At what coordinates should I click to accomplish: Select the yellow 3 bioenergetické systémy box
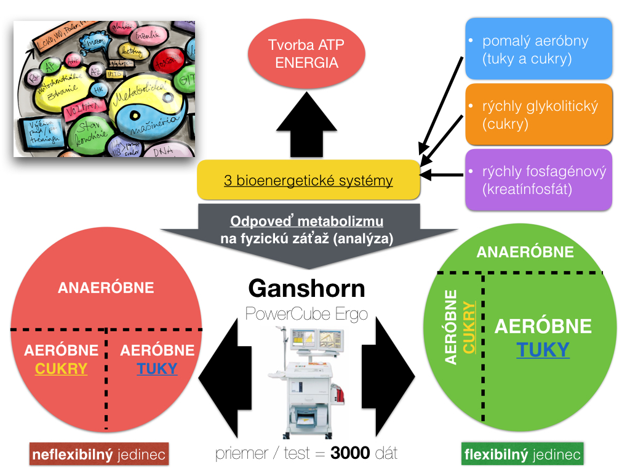click(308, 181)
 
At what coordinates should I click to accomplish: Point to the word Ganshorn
click(306, 289)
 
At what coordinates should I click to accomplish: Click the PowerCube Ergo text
click(306, 313)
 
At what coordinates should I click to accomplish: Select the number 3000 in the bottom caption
click(350, 454)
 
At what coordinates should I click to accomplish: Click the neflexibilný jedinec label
click(99, 456)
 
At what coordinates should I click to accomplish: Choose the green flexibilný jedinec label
click(522, 455)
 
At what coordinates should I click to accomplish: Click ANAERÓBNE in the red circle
click(106, 288)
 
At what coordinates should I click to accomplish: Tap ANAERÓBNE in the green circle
click(525, 252)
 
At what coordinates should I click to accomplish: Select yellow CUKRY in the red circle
click(61, 369)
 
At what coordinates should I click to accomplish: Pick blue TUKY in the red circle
click(157, 369)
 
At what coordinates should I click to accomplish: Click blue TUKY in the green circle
click(543, 350)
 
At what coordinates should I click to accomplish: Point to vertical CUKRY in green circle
click(469, 327)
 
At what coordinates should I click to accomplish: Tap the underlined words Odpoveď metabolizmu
click(306, 222)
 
